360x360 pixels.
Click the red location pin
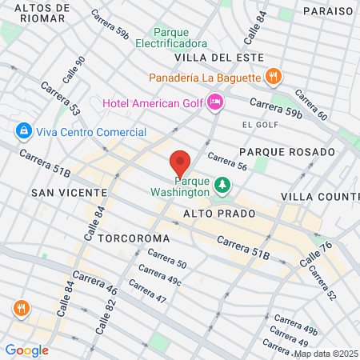coord(180,164)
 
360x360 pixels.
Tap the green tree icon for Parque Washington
coord(222,186)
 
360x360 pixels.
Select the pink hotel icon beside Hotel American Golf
coord(214,102)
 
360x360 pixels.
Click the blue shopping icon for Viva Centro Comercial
coord(22,130)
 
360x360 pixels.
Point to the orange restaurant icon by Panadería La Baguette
coord(273,78)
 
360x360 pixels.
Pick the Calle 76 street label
coord(315,254)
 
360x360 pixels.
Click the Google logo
coord(26,350)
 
